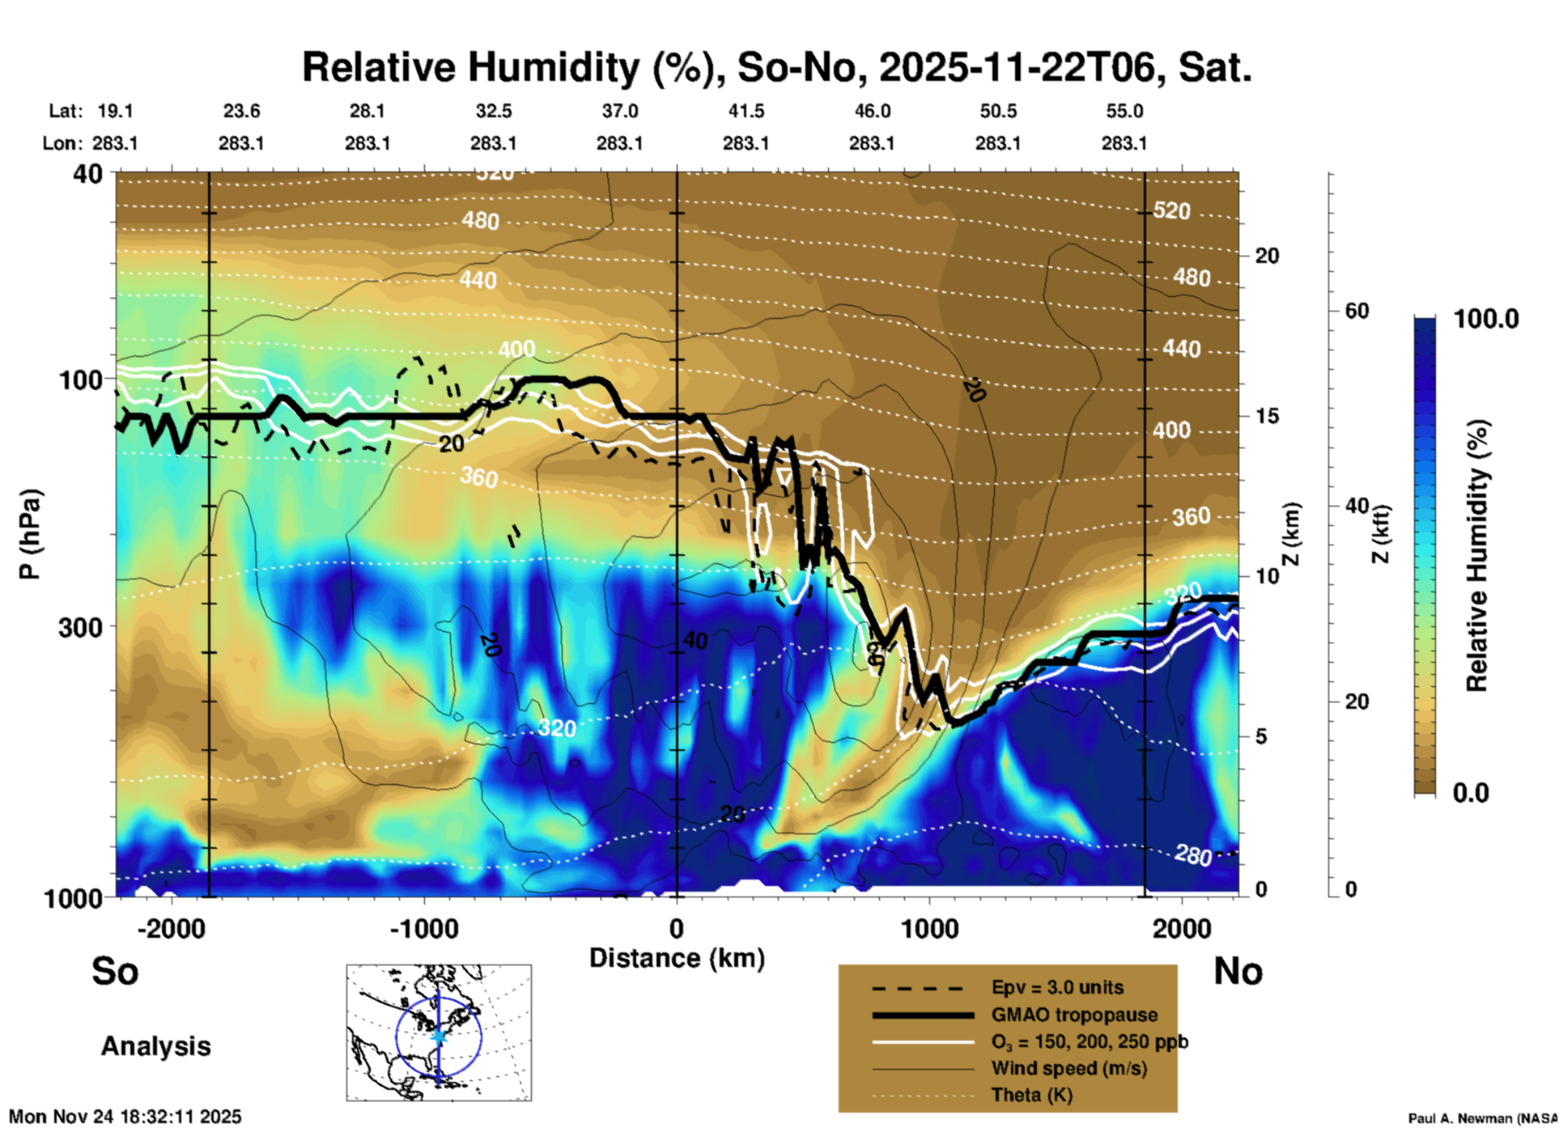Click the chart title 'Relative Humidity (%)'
pos(510,67)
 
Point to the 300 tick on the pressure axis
pos(80,626)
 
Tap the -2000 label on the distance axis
pos(171,929)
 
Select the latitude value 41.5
pos(746,111)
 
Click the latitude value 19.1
pos(115,111)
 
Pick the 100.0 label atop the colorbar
pos(1486,319)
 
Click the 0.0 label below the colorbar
pos(1471,792)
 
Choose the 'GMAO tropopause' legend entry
pos(1074,1015)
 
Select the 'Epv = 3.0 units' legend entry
pos(1057,987)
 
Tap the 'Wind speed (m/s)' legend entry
pos(1068,1068)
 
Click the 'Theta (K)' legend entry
pos(1031,1095)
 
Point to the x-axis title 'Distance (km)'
pos(677,958)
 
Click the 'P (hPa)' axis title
pos(30,534)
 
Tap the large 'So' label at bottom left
pos(115,971)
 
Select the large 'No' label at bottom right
pos(1238,971)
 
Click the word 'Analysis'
pos(155,1046)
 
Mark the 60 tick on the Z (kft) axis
pos(1357,311)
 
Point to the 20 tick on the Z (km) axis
pos(1267,256)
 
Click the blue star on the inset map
pos(439,1036)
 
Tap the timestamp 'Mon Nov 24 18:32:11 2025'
pos(125,1117)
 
